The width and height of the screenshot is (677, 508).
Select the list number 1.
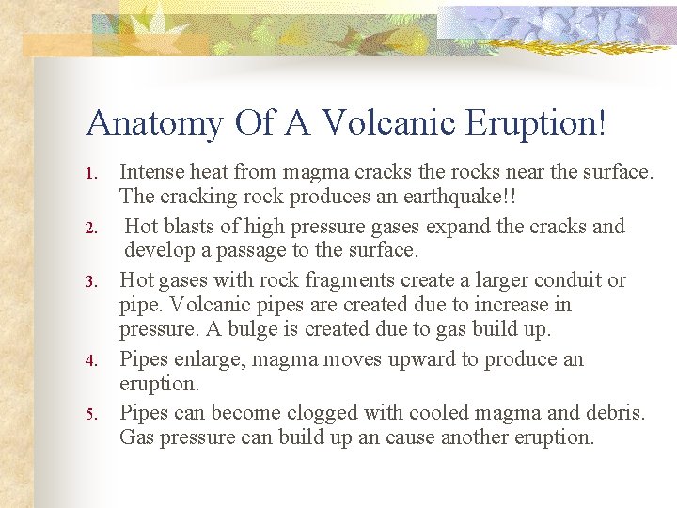(91, 174)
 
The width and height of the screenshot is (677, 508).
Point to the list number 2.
(91, 228)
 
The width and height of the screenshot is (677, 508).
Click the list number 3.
(91, 281)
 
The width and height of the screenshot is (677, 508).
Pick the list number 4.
(91, 360)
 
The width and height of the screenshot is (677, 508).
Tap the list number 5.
(91, 414)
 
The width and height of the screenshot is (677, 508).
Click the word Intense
(151, 172)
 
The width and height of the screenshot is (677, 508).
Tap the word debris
(615, 413)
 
